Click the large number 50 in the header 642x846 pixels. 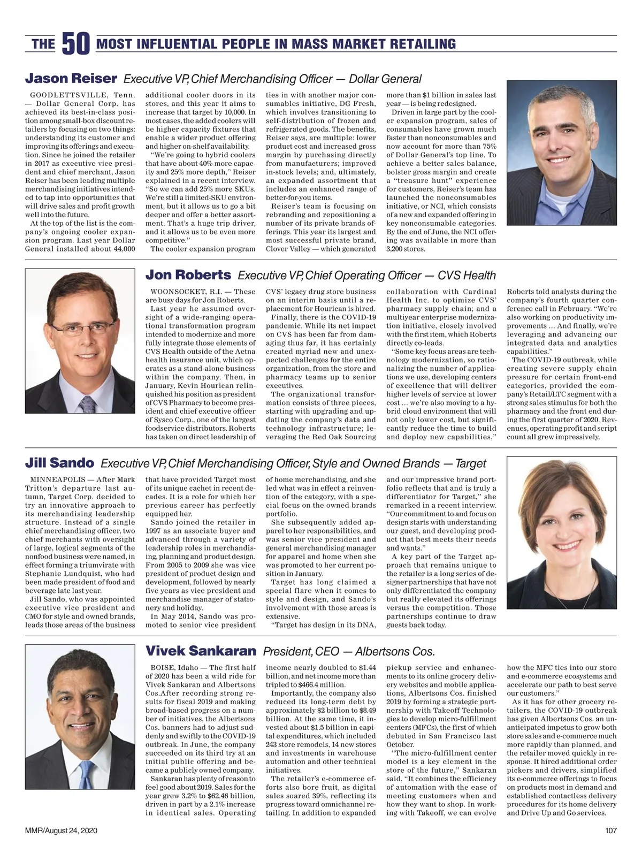point(75,44)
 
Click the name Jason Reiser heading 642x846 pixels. point(71,79)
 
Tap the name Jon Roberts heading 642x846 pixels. point(188,275)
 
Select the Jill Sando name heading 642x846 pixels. point(59,463)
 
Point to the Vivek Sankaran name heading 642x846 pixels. point(201,651)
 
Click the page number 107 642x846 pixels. point(610,830)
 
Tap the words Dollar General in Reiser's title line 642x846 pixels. point(385,79)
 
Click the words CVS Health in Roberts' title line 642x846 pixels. point(467,276)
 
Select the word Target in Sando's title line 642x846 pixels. point(471,463)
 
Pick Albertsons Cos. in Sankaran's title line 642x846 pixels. point(395,652)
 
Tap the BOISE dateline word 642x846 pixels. point(162,668)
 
